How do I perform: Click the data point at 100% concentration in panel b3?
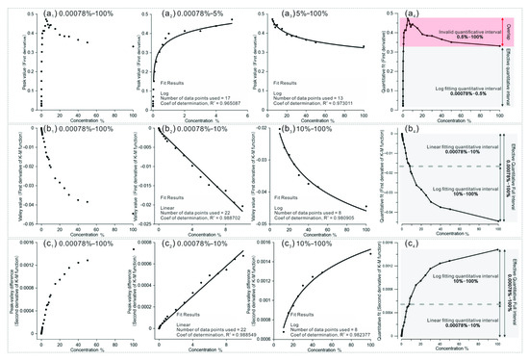(365, 208)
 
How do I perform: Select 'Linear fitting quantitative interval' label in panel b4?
(456, 146)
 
